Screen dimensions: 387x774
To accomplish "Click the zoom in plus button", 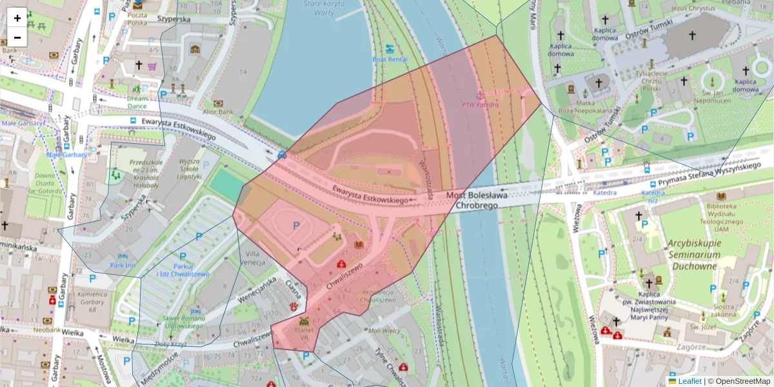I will [17, 18].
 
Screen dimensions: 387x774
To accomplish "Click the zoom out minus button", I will [17, 37].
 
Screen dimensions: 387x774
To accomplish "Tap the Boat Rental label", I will [390, 59].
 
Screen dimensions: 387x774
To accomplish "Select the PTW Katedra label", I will [480, 104].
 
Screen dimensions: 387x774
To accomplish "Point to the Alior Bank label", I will [219, 112].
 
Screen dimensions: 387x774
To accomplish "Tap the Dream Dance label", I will [137, 101].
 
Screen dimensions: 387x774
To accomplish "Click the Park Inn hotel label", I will [122, 265].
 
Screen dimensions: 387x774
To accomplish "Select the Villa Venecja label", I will [252, 257].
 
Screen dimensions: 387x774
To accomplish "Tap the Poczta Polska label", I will [137, 18].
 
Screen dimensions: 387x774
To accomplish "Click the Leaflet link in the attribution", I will [689, 381].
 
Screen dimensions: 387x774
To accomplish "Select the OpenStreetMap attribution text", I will [742, 381].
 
